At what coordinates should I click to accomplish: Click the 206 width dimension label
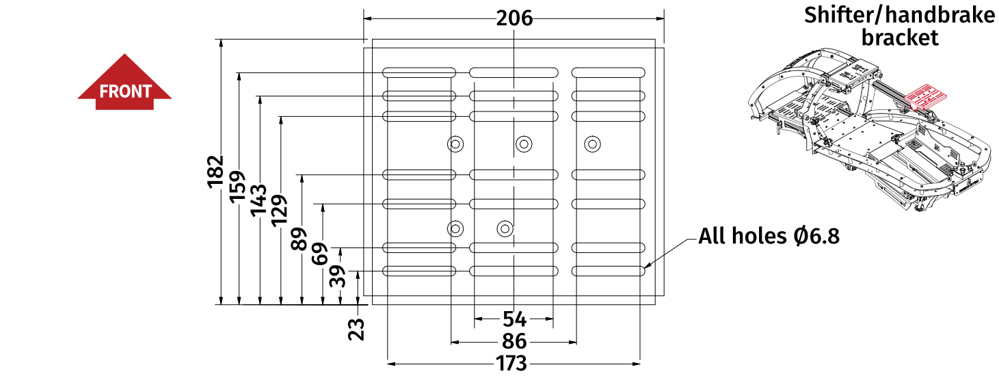[x=514, y=18]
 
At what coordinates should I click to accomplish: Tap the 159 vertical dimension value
[x=237, y=186]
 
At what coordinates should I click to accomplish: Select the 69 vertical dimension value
[x=321, y=254]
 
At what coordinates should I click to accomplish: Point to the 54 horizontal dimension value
[x=514, y=319]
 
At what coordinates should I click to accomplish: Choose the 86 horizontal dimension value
[x=514, y=342]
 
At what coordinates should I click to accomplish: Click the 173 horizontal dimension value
[x=513, y=364]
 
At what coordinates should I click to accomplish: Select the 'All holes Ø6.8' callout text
[x=769, y=237]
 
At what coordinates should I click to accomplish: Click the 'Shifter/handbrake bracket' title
[x=899, y=26]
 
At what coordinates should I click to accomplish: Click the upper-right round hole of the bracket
[x=591, y=144]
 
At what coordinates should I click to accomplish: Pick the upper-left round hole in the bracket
[x=455, y=144]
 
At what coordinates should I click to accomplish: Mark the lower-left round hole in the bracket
[x=455, y=228]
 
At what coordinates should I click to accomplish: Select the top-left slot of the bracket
[x=419, y=72]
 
